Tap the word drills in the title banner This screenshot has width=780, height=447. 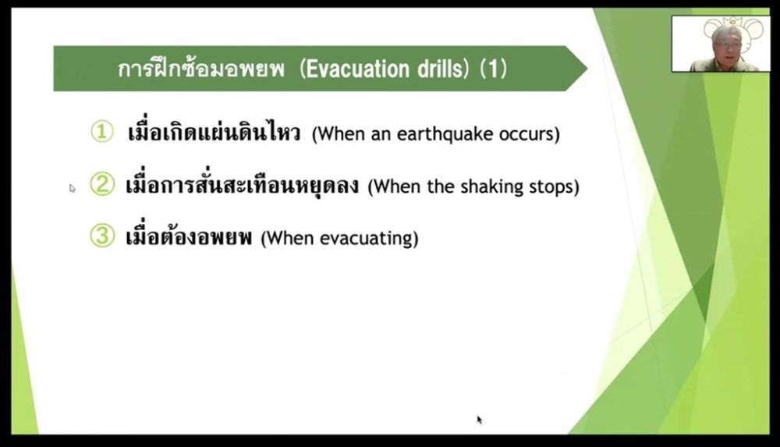pos(440,69)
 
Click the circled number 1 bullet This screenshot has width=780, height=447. pos(102,132)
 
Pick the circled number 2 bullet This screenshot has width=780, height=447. pos(102,184)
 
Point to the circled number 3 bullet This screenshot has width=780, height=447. pos(102,236)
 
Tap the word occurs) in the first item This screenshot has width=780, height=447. pos(530,134)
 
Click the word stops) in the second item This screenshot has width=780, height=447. pos(554,186)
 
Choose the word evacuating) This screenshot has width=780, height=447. pos(369,239)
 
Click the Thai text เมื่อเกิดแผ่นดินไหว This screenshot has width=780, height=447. pos(214,132)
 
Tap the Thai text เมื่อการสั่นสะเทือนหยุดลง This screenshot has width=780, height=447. pos(242,184)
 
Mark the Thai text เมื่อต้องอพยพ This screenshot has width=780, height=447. pos(189,236)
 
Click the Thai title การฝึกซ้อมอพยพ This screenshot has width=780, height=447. pos(201,69)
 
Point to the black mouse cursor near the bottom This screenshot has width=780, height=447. pos(480,420)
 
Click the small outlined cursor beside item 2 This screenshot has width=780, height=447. pos(73,188)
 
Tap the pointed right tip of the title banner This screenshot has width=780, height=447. pos(587,69)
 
